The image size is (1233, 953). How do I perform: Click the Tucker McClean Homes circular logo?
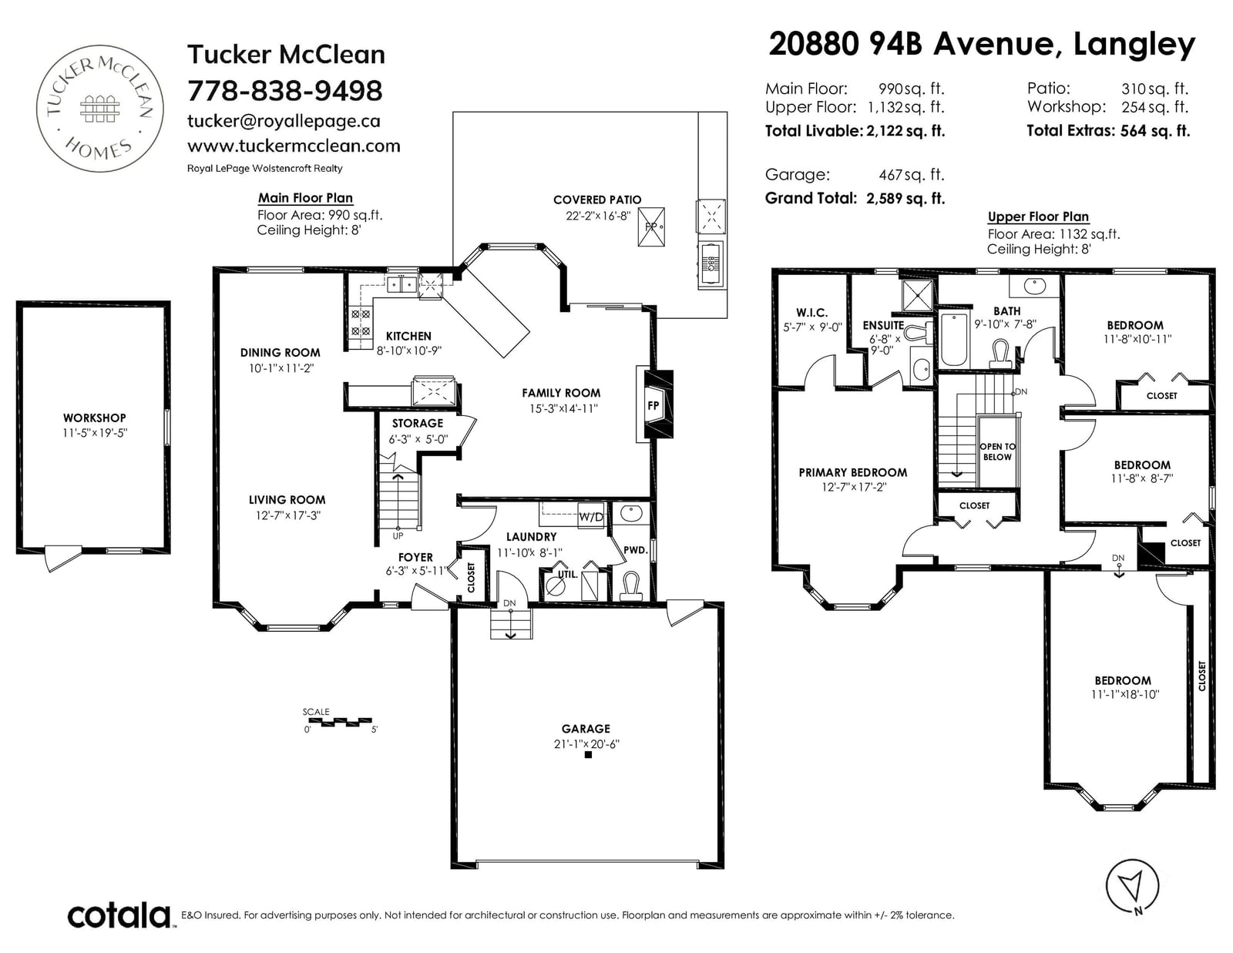click(100, 109)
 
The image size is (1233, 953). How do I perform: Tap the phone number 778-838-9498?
click(285, 91)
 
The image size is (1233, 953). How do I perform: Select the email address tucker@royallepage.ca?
click(284, 121)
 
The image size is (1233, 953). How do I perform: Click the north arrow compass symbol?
click(1132, 887)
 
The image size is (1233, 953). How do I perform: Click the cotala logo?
click(119, 915)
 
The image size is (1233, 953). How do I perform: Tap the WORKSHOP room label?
click(94, 418)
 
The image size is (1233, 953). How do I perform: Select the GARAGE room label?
click(586, 729)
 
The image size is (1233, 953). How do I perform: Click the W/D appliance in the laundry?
click(590, 517)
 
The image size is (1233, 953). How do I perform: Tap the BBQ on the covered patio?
click(711, 264)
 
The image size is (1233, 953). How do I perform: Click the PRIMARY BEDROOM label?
click(853, 472)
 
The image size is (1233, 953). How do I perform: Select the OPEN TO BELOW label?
click(997, 451)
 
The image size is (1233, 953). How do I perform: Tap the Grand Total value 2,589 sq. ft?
click(905, 199)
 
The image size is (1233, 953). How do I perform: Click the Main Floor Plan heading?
click(305, 198)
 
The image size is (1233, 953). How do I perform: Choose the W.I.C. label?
click(811, 313)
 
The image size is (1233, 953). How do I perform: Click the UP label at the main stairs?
click(398, 535)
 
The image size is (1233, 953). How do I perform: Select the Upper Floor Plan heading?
click(1038, 216)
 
